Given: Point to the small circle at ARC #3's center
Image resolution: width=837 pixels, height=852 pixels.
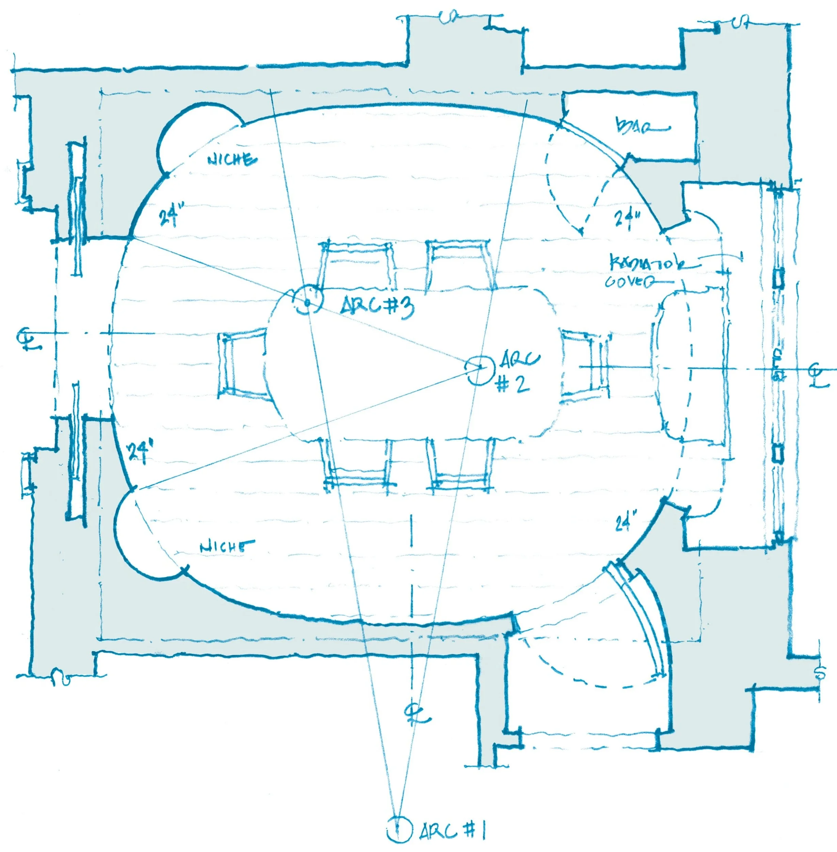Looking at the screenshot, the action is [307, 302].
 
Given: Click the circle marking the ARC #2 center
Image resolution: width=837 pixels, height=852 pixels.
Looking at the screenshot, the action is [480, 369].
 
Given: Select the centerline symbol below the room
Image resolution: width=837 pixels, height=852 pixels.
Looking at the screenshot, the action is [415, 714].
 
